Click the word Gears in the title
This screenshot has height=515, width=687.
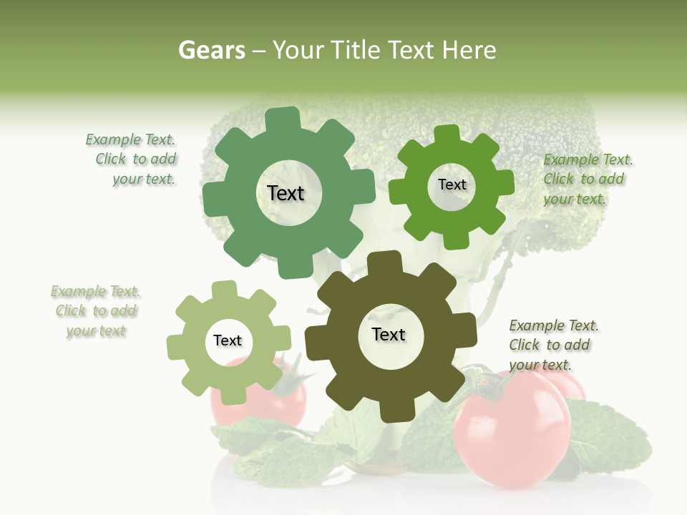pyautogui.click(x=212, y=50)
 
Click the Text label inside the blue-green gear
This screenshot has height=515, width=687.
pyautogui.click(x=286, y=193)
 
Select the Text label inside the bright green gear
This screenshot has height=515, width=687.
pyautogui.click(x=452, y=185)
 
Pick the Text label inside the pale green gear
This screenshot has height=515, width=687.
pyautogui.click(x=228, y=341)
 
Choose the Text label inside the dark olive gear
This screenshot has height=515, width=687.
pyautogui.click(x=389, y=334)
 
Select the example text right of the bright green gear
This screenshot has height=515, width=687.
pyautogui.click(x=587, y=179)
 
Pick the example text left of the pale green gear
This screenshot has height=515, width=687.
pyautogui.click(x=96, y=311)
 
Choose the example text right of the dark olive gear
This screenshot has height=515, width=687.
pyautogui.click(x=552, y=345)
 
